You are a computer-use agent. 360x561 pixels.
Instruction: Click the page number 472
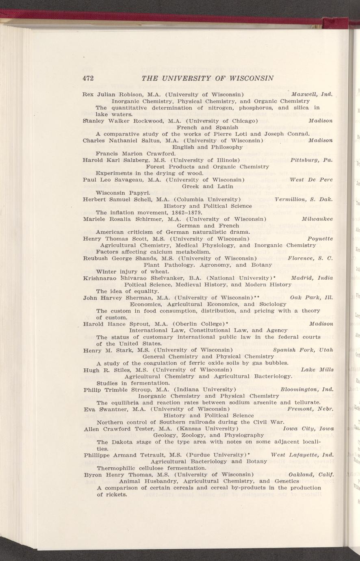coord(88,78)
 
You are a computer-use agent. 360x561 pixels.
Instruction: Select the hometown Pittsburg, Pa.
coord(312,160)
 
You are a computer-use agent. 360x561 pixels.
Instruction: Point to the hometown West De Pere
coord(311,179)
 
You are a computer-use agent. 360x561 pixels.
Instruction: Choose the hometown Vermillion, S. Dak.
coord(304,199)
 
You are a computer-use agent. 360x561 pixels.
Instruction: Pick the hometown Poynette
coord(320,238)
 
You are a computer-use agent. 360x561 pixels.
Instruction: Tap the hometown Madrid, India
coord(312,278)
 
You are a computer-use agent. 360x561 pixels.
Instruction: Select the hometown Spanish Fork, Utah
coord(303,350)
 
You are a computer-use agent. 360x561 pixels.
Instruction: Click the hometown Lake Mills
coord(317,369)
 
